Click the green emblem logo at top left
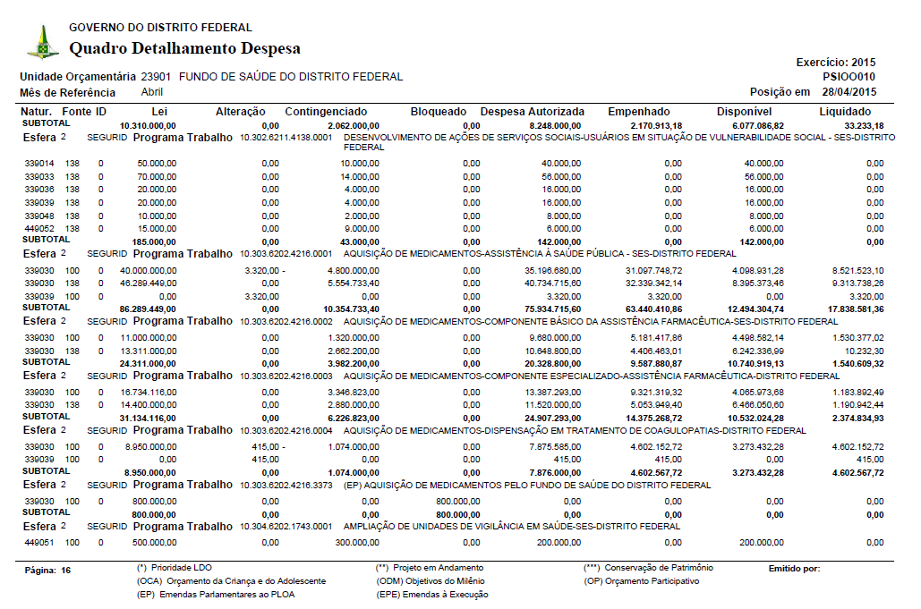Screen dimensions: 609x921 tap(42, 43)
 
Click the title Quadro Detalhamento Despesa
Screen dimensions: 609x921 tap(184, 48)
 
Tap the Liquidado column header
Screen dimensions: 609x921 tap(851, 111)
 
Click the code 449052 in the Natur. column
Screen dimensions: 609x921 tap(39, 228)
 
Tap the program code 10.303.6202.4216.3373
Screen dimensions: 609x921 tap(286, 486)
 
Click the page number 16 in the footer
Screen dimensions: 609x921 tap(65, 570)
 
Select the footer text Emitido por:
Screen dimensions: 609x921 tap(794, 568)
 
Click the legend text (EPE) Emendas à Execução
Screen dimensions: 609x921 tap(432, 594)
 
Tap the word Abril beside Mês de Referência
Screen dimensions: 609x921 tap(152, 92)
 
